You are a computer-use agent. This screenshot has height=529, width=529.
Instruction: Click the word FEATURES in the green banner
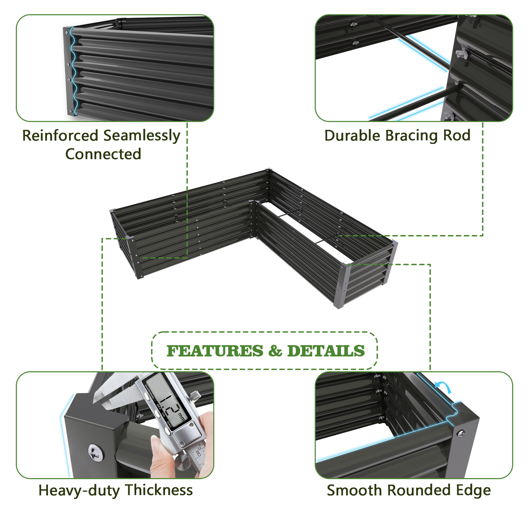coord(215,351)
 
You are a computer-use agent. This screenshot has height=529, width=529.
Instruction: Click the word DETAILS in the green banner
coord(326,351)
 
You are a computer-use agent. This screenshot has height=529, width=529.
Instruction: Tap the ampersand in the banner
coord(275,351)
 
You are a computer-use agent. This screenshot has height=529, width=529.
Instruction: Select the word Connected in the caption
coord(103,154)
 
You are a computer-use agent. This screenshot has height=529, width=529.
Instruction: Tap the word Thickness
coord(159,490)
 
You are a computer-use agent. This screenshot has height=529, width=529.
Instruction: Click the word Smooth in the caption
coord(354,490)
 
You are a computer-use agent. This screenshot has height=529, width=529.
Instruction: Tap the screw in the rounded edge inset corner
coord(460,433)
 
